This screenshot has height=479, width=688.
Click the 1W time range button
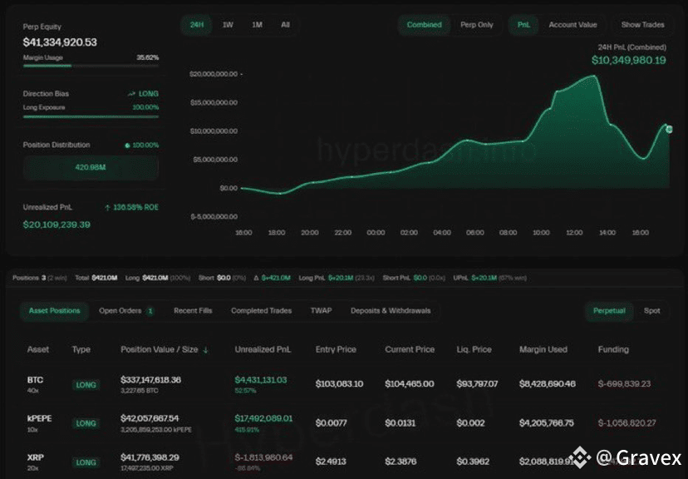(x=228, y=25)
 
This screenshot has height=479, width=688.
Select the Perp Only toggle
(x=477, y=25)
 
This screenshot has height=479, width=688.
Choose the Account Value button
(x=573, y=25)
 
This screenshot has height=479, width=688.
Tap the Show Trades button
(x=642, y=25)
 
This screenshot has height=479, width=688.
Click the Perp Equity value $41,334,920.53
(x=60, y=42)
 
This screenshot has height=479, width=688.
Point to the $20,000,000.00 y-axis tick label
(x=214, y=74)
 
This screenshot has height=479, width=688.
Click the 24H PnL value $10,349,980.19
(x=628, y=60)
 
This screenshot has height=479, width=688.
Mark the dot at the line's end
(x=670, y=129)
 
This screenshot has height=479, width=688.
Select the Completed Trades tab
(x=261, y=311)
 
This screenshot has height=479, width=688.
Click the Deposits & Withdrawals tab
(x=391, y=311)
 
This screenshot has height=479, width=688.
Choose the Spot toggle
(x=652, y=311)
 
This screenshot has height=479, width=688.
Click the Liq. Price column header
(x=475, y=350)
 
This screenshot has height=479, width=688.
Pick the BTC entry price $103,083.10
(x=339, y=384)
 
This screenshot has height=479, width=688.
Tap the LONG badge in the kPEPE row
(x=86, y=423)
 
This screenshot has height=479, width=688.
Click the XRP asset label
(x=35, y=457)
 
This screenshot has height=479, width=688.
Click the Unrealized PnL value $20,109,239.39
(x=57, y=225)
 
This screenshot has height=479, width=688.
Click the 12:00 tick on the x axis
(x=574, y=233)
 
